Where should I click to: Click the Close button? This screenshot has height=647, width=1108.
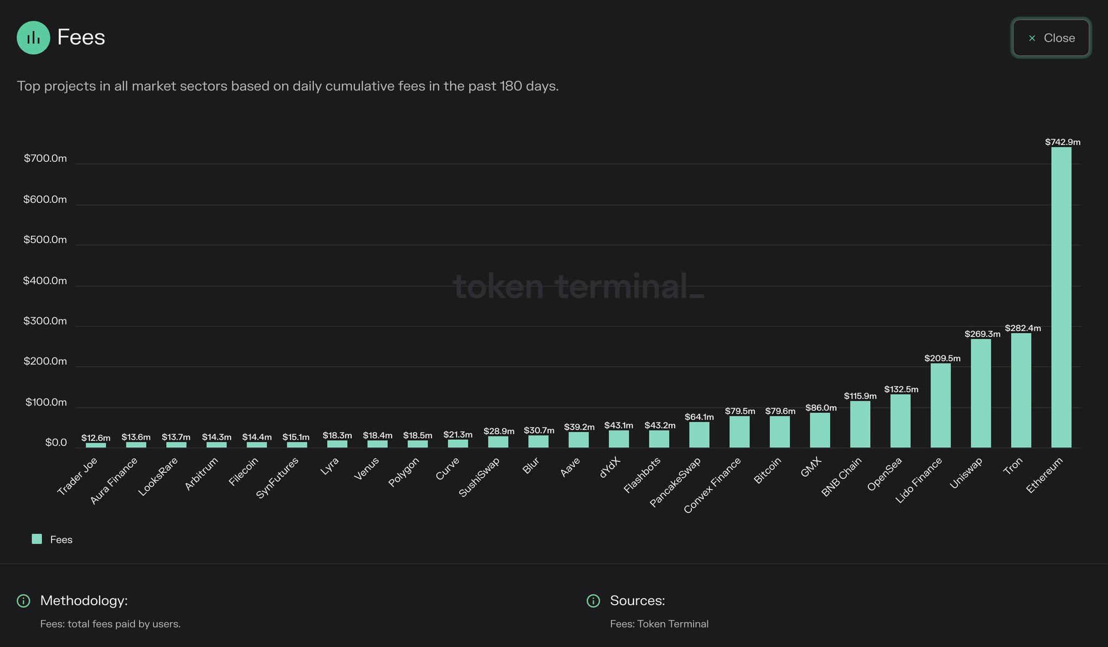(1051, 38)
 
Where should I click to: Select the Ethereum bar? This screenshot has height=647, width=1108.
(1061, 298)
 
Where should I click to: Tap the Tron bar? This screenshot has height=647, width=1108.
(1021, 391)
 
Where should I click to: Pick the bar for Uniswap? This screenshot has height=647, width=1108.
(981, 393)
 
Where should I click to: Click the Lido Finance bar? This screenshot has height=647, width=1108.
(940, 406)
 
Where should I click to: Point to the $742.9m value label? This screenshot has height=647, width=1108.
(1063, 142)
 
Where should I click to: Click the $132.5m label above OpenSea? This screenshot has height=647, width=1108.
(901, 389)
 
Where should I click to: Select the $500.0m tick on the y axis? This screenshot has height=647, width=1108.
(45, 240)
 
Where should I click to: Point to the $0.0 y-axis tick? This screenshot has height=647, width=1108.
(56, 443)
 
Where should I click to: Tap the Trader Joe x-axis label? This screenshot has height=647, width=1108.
(78, 476)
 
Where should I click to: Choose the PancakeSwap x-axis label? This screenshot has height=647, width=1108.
(675, 482)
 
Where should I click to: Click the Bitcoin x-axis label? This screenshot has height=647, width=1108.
(768, 471)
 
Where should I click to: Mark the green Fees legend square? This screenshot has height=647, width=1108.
(37, 539)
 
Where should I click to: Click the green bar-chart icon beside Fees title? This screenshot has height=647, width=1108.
(33, 37)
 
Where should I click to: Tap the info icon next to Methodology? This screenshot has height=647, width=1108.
(23, 601)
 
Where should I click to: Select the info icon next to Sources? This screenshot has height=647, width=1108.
(593, 601)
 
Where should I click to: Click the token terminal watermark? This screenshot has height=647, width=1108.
(578, 286)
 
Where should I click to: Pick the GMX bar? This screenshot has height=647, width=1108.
(820, 430)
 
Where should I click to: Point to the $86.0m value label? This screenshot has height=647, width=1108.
(821, 408)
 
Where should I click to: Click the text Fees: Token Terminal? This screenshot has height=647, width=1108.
(659, 624)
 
